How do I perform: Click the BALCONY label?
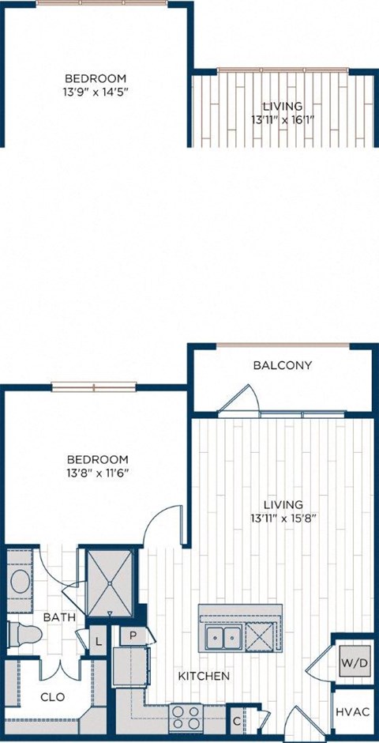pos(283,365)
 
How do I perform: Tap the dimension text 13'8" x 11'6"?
pos(97,474)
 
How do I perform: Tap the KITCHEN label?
pos(204,677)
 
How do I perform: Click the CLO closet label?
pos(52,698)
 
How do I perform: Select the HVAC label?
pos(352,712)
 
